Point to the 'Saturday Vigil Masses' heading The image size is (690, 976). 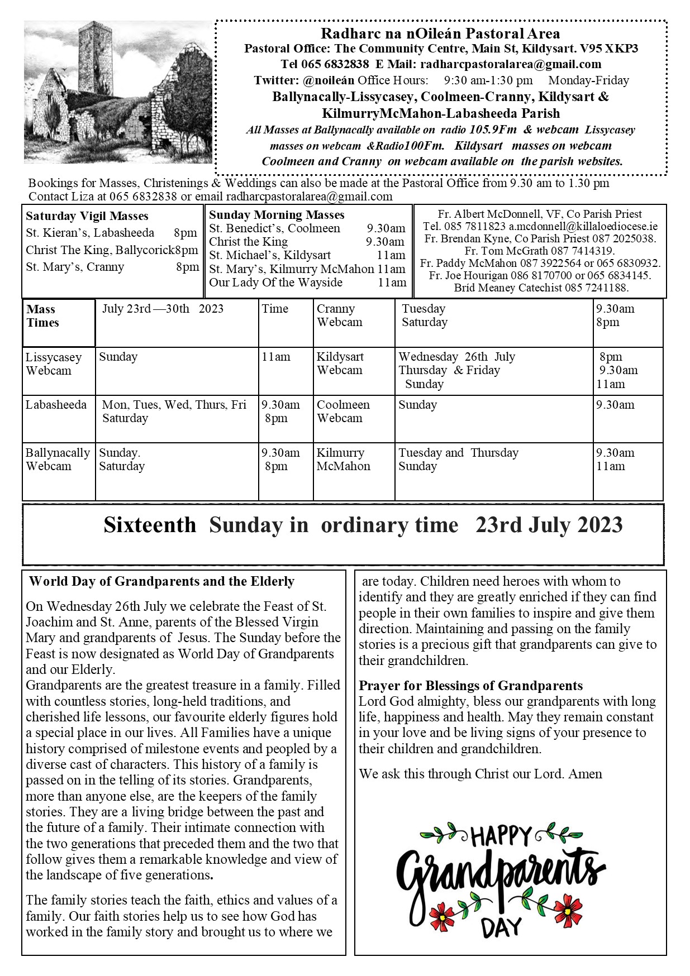pyautogui.click(x=87, y=216)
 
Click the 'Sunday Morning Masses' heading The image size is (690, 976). pyautogui.click(x=277, y=215)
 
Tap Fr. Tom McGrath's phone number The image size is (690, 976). pyautogui.click(x=582, y=251)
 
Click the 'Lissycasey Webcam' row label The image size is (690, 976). pyautogui.click(x=53, y=363)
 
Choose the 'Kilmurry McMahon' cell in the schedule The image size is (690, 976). pyautogui.click(x=343, y=460)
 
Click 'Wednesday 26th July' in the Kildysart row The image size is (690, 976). pyautogui.click(x=456, y=357)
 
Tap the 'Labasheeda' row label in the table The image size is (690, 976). pyautogui.click(x=56, y=405)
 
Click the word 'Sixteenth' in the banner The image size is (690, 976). pyautogui.click(x=150, y=525)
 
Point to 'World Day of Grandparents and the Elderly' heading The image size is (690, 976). pyautogui.click(x=161, y=581)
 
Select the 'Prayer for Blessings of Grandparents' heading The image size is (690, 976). pyautogui.click(x=470, y=686)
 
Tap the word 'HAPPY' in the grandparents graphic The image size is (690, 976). pyautogui.click(x=501, y=837)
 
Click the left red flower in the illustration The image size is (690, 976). pyautogui.click(x=445, y=915)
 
